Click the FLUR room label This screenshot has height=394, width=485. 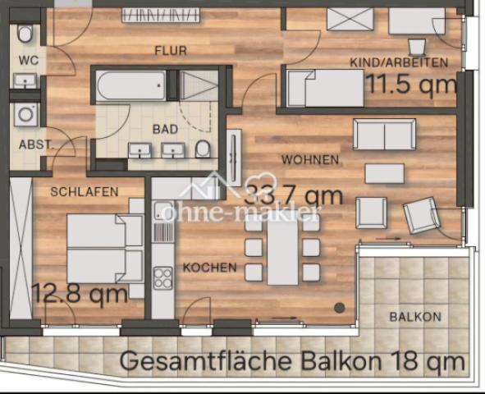[x=171, y=51]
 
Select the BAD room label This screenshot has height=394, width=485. [x=165, y=129]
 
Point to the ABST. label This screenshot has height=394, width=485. [x=35, y=144]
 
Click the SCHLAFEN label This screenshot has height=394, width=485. [x=84, y=191]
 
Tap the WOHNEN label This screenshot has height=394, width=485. [x=309, y=159]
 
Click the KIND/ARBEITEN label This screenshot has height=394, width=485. [x=399, y=62]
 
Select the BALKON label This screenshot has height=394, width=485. [x=415, y=316]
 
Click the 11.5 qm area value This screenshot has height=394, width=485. [x=411, y=84]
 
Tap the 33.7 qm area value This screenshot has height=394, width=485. [x=293, y=197]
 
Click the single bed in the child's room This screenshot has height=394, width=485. [x=325, y=88]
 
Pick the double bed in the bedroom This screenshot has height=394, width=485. [x=97, y=249]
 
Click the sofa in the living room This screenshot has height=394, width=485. [x=384, y=134]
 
